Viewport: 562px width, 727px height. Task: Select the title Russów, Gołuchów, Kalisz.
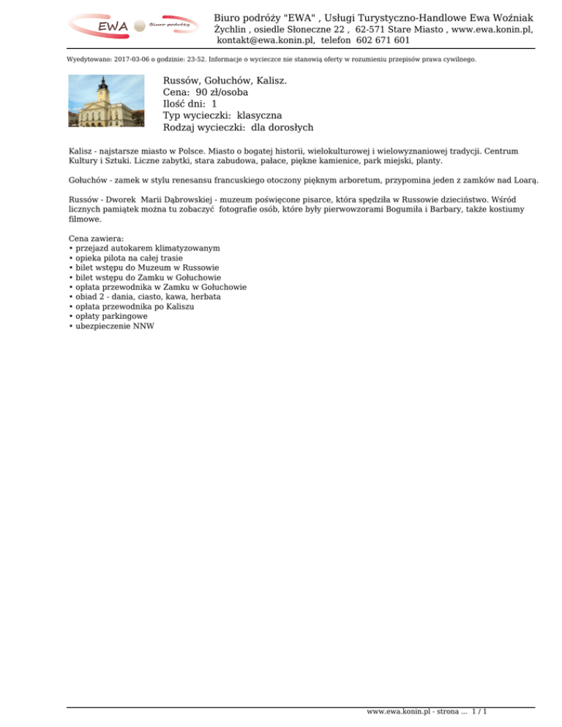click(225, 80)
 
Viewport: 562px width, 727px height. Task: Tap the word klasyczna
click(261, 116)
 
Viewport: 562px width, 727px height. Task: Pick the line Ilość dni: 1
click(190, 104)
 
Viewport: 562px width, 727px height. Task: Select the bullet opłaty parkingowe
click(110, 317)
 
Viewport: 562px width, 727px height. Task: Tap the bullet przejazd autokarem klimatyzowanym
click(146, 248)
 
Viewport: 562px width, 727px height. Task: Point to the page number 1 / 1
click(481, 710)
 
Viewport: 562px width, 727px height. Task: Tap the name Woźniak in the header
click(508, 17)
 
